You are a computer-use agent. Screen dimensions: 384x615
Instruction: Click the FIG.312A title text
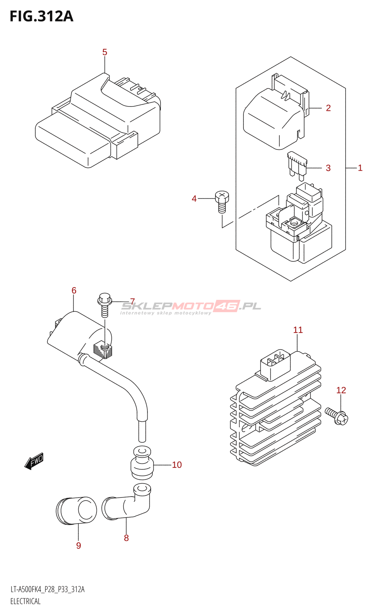(x=41, y=17)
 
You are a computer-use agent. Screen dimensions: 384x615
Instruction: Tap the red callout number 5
(x=105, y=52)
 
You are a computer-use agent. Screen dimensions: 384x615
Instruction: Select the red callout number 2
(x=328, y=108)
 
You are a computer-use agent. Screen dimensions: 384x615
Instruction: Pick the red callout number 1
(x=360, y=168)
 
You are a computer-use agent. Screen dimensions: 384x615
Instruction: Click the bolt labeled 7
(x=104, y=305)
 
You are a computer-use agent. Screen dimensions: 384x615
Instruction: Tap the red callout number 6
(x=74, y=291)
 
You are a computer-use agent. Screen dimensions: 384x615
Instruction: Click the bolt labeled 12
(x=336, y=416)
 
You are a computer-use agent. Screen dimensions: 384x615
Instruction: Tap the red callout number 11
(x=298, y=330)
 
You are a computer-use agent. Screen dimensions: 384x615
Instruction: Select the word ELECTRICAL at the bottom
(x=25, y=602)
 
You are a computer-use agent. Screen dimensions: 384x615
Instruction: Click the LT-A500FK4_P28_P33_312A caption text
(x=48, y=589)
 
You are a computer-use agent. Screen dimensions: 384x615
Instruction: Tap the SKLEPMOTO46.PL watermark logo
(x=190, y=307)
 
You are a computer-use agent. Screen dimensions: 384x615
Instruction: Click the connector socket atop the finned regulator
(x=275, y=364)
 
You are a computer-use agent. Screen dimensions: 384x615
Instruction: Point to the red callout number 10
(x=177, y=465)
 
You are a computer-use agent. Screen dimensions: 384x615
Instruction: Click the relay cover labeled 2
(x=276, y=112)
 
